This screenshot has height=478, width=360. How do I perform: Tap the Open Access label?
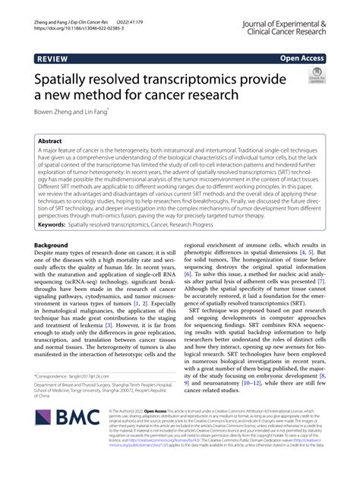[x=302, y=57]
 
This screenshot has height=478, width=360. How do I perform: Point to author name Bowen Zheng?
[x=55, y=112]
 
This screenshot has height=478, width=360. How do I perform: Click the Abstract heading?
[x=58, y=141]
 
